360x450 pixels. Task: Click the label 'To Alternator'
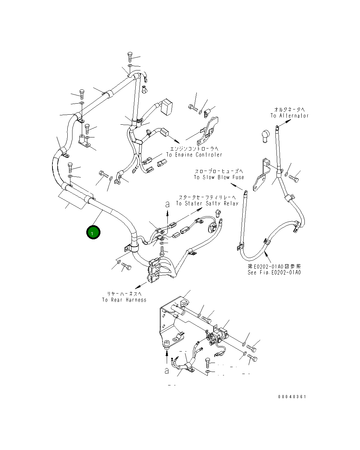click(289, 116)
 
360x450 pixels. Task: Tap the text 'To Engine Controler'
click(194, 155)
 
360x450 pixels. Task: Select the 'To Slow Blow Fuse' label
click(218, 177)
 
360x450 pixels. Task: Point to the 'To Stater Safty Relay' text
click(207, 203)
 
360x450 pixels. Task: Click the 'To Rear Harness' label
click(124, 300)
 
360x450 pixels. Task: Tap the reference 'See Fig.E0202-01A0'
click(274, 272)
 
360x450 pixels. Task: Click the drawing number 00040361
click(292, 397)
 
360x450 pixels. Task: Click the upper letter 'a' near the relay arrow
click(167, 204)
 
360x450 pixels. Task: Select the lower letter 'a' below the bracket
click(166, 371)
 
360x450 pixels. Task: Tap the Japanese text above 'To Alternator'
click(289, 109)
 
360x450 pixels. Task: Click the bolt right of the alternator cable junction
click(294, 179)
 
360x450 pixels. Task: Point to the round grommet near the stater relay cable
click(211, 229)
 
